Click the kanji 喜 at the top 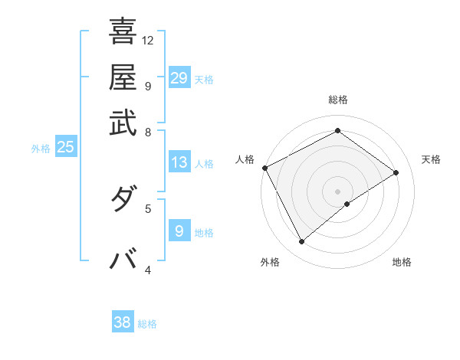(x=123, y=31)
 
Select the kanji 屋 (x=123, y=77)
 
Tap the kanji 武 (x=123, y=123)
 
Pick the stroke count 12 (x=148, y=40)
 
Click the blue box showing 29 (x=179, y=78)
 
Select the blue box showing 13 (x=179, y=162)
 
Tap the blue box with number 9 (x=179, y=231)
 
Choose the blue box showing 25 (x=66, y=148)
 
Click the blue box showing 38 (x=123, y=322)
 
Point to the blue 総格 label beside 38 (x=147, y=324)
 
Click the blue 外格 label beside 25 (x=41, y=149)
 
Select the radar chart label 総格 (x=337, y=100)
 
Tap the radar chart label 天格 (x=431, y=159)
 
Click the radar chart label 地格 (x=402, y=262)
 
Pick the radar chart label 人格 (x=245, y=159)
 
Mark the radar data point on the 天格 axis (x=396, y=172)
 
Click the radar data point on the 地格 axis (x=347, y=204)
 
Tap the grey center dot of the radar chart (x=337, y=191)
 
